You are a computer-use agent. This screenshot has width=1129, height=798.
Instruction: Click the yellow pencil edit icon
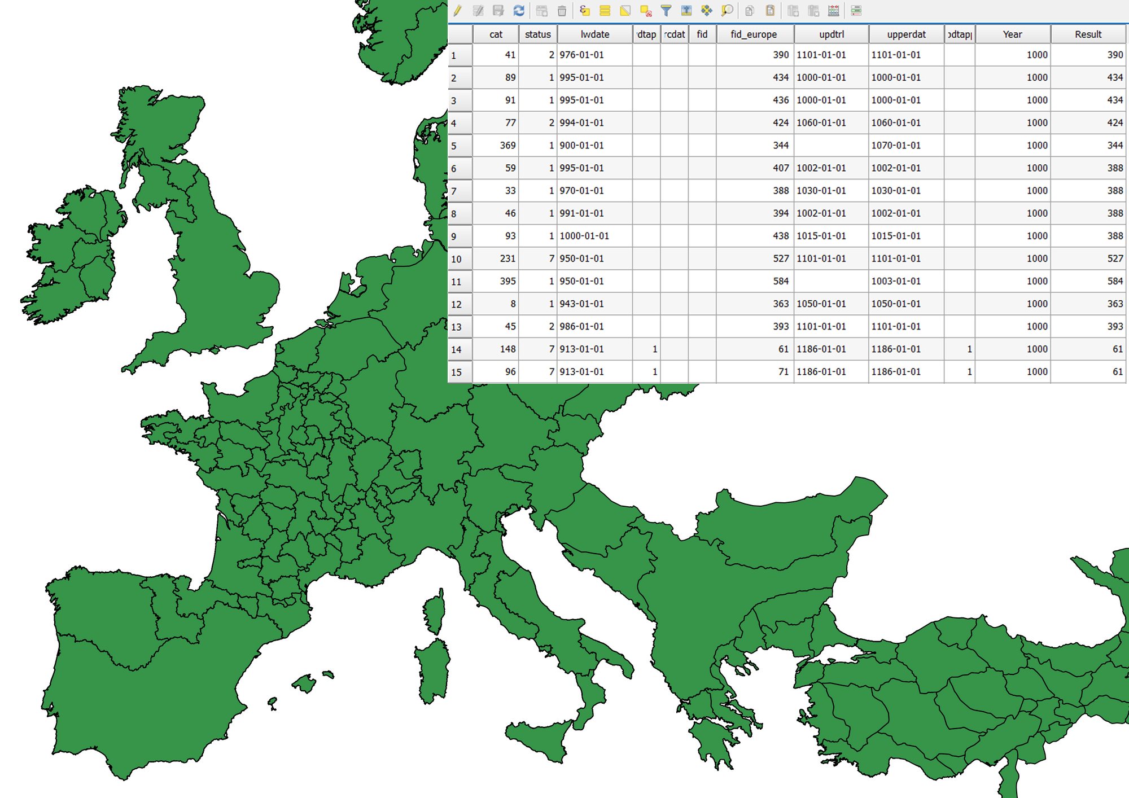pos(457,11)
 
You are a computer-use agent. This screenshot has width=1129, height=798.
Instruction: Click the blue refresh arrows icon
pos(519,11)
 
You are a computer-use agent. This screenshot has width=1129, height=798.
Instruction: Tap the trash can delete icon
pos(562,11)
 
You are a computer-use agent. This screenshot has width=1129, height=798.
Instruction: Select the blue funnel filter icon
pos(666,11)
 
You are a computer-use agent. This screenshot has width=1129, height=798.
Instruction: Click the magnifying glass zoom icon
pos(727,11)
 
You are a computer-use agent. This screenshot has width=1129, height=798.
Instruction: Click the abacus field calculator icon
pos(833,11)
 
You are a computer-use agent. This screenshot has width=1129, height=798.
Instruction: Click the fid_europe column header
pos(754,34)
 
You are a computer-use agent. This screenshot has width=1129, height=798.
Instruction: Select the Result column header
pos(1088,34)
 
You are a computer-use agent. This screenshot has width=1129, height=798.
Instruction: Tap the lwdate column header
pos(595,34)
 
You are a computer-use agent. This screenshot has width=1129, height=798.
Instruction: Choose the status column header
pos(537,34)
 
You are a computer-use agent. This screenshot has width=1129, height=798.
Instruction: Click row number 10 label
pos(457,259)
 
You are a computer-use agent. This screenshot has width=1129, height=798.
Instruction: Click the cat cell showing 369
pos(497,146)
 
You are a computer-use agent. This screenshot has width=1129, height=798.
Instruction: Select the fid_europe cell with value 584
pos(755,281)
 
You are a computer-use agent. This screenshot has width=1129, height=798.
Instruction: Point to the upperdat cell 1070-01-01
pos(905,146)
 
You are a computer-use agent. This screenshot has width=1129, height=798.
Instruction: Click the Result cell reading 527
pos(1088,258)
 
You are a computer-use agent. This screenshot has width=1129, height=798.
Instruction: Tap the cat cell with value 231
pos(497,258)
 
